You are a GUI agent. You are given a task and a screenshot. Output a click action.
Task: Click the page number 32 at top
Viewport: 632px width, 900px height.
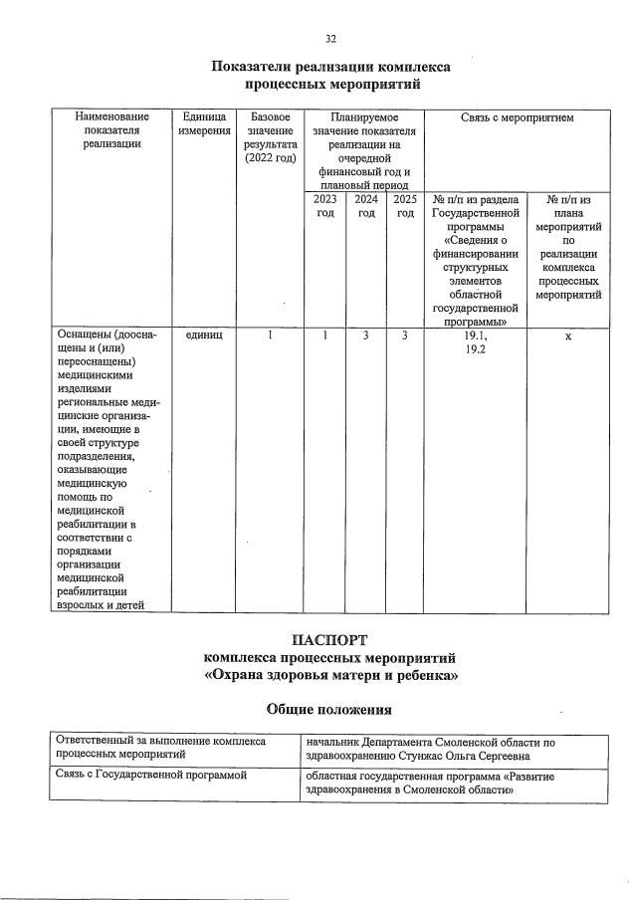[330, 39]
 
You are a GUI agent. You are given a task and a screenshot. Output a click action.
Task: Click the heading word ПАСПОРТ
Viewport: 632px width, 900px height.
[329, 639]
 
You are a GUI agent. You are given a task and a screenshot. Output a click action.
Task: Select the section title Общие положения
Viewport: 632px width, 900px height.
[329, 710]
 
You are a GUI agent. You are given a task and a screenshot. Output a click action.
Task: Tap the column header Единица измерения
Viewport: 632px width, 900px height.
[203, 124]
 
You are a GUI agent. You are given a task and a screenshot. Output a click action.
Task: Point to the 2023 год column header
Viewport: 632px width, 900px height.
[324, 206]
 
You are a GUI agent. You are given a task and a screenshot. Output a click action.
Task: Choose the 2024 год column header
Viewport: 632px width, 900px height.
[365, 206]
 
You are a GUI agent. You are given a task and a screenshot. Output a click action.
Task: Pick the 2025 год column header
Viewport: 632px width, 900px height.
[404, 206]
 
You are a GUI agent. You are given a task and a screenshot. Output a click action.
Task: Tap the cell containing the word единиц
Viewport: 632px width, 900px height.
[203, 337]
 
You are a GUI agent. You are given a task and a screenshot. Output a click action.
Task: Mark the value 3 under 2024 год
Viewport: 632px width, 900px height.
[365, 337]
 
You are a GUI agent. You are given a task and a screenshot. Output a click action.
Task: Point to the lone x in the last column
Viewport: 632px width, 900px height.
[567, 337]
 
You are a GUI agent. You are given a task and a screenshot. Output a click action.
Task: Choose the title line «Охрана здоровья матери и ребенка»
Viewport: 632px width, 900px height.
[329, 676]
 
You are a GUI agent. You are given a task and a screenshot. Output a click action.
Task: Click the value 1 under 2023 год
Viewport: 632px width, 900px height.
[324, 337]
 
